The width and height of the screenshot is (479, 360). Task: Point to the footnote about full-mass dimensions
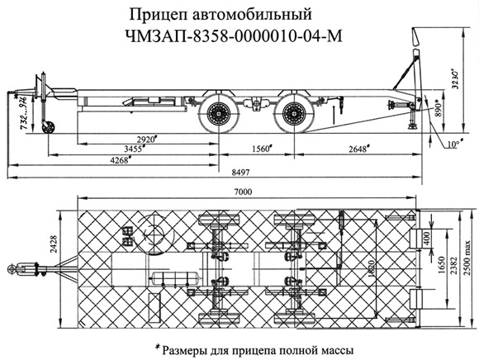pos(247,348)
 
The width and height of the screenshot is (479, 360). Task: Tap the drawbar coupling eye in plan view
pos(14,268)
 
